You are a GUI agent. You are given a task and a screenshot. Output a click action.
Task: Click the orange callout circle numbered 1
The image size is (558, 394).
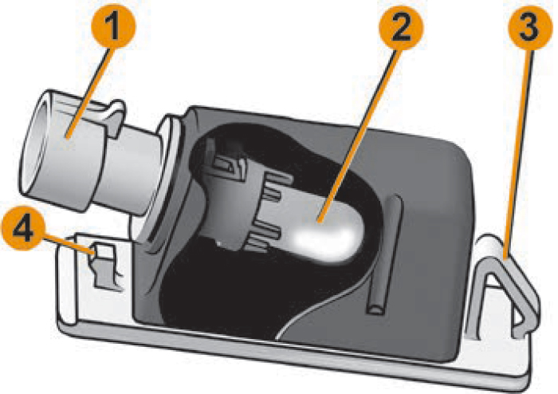(113, 26)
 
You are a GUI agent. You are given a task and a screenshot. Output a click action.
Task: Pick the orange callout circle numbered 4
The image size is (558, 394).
(24, 228)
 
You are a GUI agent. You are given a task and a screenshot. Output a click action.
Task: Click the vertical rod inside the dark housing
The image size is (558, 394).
(384, 254)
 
